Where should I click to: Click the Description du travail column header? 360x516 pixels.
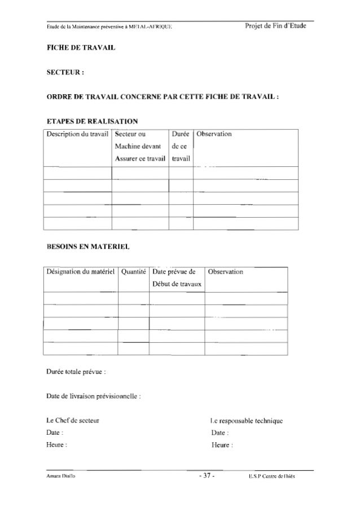[x=77, y=135]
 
